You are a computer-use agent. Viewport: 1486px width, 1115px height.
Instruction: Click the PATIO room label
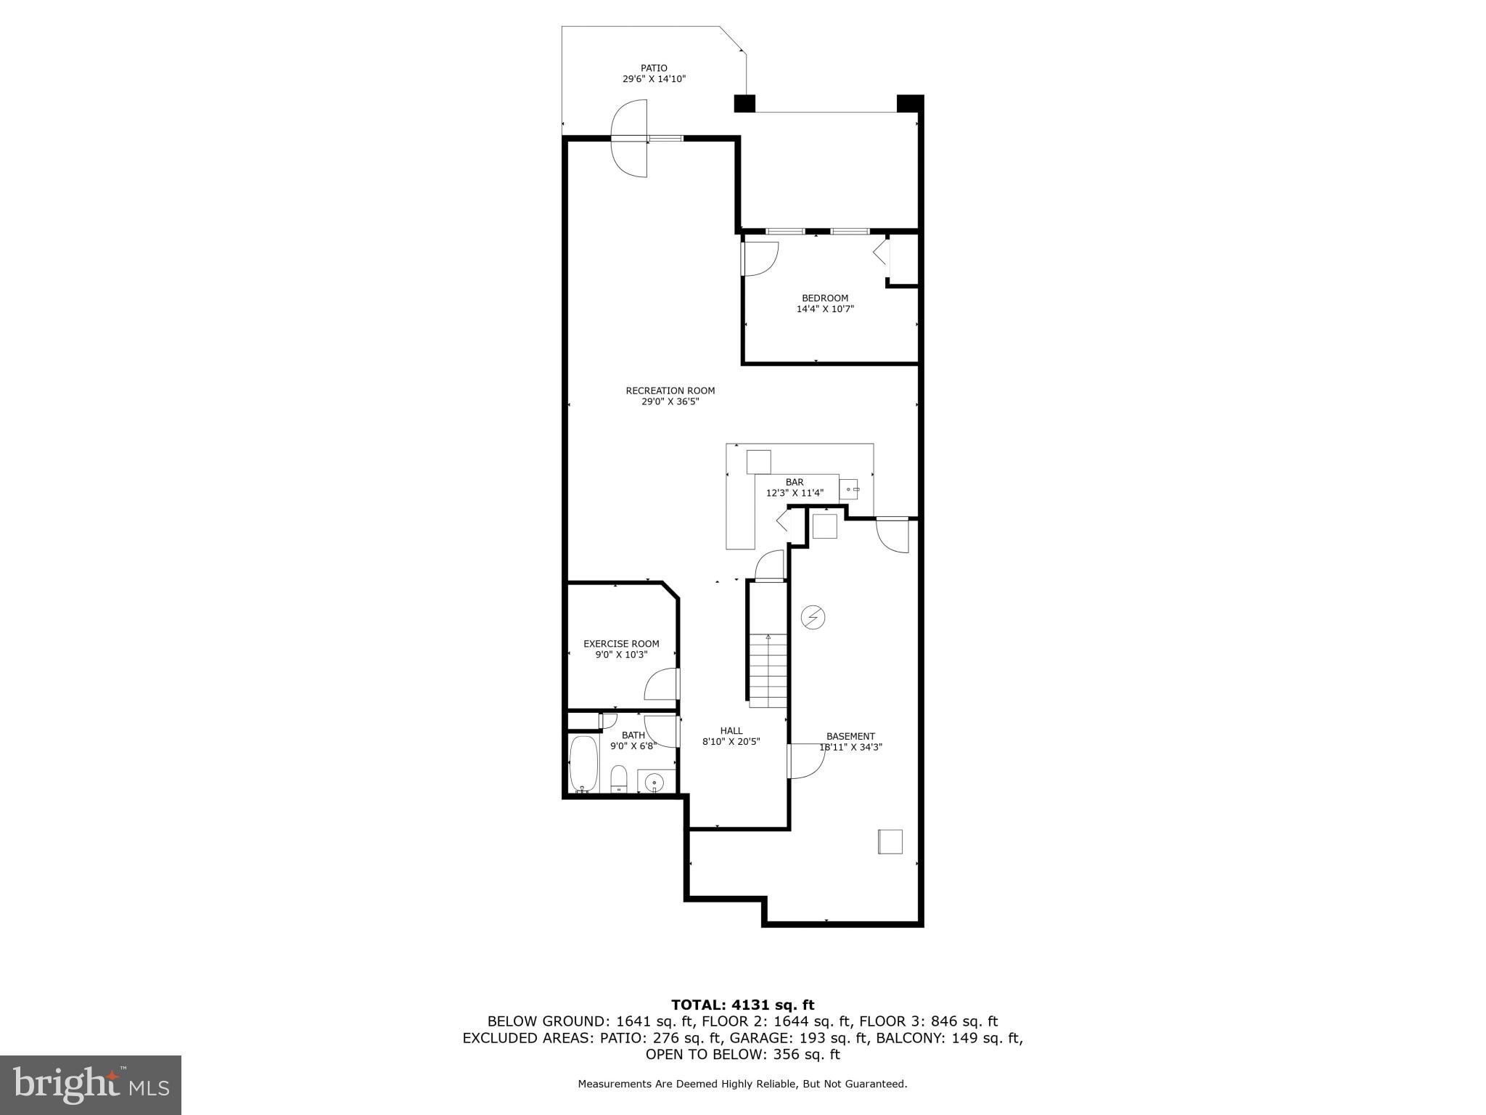pyautogui.click(x=653, y=68)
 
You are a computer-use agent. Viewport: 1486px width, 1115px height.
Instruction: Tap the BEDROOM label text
pyautogui.click(x=824, y=298)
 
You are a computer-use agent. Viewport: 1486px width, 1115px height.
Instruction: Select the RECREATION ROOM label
pyautogui.click(x=670, y=391)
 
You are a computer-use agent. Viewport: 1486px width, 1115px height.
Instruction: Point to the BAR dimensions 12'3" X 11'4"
pyautogui.click(x=795, y=493)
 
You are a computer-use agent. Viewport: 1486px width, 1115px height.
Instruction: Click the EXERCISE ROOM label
pyautogui.click(x=621, y=643)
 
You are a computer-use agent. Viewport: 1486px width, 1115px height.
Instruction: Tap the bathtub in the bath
pyautogui.click(x=583, y=764)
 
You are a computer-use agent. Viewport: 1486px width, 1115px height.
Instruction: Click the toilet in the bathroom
pyautogui.click(x=619, y=779)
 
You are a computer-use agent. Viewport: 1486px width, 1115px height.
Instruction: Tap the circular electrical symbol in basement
pyautogui.click(x=813, y=617)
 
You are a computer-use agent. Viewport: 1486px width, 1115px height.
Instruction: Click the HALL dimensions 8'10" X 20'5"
pyautogui.click(x=731, y=742)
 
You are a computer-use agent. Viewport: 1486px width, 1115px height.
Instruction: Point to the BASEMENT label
pyautogui.click(x=850, y=736)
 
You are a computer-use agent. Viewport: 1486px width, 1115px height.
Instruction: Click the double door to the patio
pyautogui.click(x=629, y=138)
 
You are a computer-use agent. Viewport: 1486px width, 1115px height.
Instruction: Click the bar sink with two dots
pyautogui.click(x=849, y=489)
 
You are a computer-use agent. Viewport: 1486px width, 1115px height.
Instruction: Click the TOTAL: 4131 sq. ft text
pyautogui.click(x=742, y=1005)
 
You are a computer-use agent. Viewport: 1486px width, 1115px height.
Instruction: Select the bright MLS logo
pyautogui.click(x=90, y=1085)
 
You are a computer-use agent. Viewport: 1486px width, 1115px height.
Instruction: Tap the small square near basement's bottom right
pyautogui.click(x=890, y=841)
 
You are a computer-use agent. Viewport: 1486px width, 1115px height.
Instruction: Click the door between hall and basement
pyautogui.click(x=805, y=761)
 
